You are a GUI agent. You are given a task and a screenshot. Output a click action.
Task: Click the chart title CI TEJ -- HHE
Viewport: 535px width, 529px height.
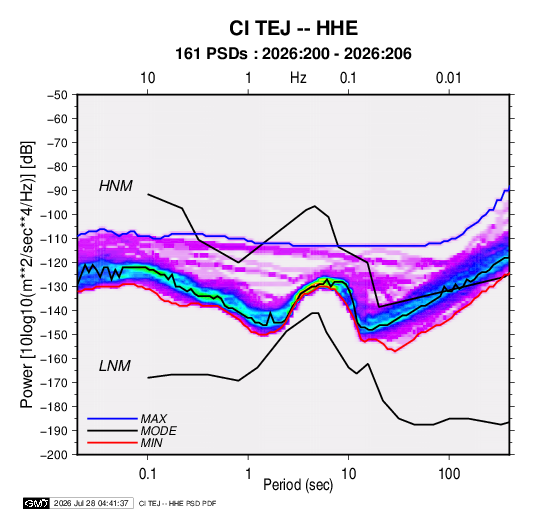(293, 28)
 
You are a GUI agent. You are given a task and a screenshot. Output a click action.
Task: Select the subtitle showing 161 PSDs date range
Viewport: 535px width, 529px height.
(293, 54)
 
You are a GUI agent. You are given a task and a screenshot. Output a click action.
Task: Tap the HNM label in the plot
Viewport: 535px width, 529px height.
(116, 186)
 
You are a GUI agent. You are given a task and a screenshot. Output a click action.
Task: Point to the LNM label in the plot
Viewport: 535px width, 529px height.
(115, 366)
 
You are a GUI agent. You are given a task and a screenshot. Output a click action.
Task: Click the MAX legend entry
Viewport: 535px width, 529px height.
(154, 419)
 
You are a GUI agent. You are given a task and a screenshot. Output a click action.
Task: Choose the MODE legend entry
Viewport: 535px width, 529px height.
(158, 431)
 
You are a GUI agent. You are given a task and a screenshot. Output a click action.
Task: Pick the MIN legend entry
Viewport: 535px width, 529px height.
(151, 443)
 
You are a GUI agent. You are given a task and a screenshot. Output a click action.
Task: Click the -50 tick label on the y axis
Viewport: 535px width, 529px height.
(58, 95)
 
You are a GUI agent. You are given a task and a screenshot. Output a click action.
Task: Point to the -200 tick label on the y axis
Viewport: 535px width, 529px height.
(55, 455)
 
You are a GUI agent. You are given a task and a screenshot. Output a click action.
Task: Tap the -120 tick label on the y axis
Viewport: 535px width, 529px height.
(55, 263)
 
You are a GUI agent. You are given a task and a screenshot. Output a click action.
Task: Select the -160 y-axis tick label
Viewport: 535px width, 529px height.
(55, 359)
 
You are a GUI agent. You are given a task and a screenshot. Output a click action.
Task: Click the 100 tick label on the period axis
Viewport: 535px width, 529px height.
(449, 474)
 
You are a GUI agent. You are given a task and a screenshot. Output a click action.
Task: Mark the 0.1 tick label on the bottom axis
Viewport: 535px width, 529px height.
(147, 474)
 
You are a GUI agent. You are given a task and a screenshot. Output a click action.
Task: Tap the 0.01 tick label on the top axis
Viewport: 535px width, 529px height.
(448, 78)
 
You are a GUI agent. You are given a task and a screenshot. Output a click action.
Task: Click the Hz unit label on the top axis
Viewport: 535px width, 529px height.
(298, 78)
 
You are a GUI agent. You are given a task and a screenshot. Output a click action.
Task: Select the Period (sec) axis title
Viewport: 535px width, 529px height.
(298, 485)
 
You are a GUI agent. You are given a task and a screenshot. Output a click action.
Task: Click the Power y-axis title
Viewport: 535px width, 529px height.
(27, 274)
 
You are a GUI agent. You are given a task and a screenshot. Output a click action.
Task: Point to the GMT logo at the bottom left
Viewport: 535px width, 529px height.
(36, 503)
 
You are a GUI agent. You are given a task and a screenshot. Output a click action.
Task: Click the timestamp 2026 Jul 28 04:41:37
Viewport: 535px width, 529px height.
(91, 503)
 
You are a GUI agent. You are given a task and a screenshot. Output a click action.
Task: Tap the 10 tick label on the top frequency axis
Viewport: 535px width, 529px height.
(148, 78)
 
